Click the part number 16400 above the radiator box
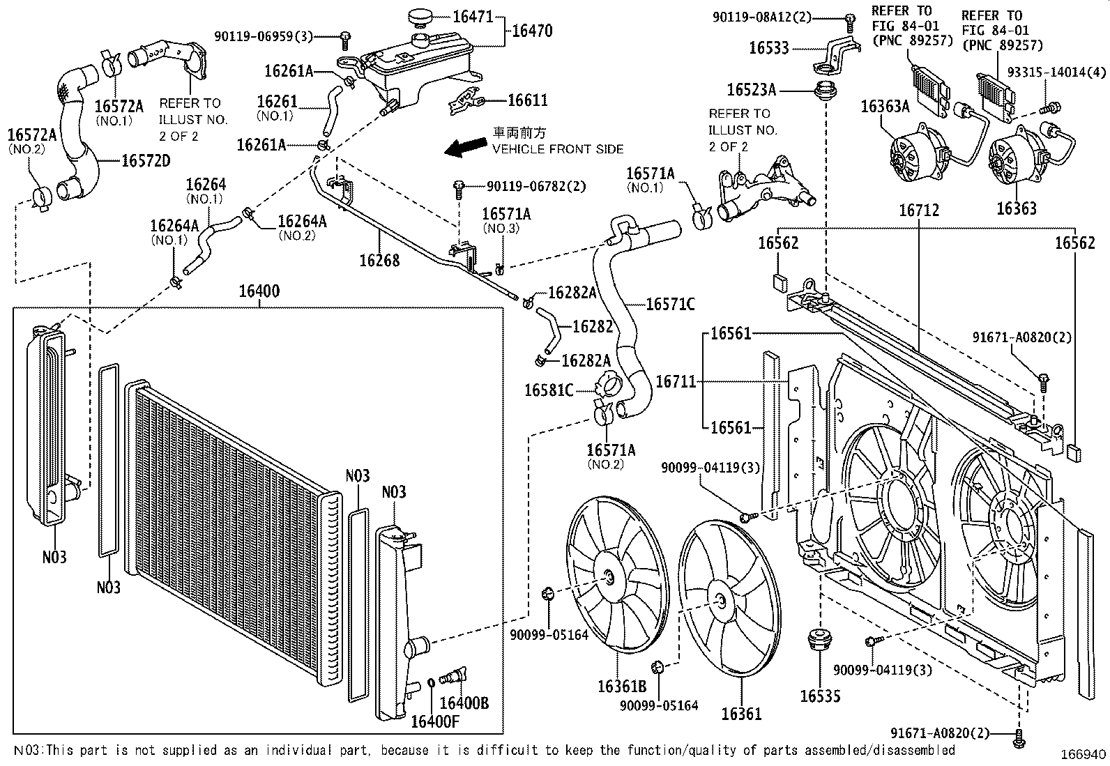click(259, 291)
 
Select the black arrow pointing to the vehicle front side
click(466, 145)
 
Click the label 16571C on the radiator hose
click(670, 304)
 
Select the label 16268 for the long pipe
click(379, 260)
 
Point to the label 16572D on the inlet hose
click(146, 160)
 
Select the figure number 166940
click(1084, 755)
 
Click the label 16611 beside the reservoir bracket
click(527, 100)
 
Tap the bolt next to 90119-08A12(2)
click(851, 21)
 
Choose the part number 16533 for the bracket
click(769, 47)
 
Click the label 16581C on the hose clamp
click(549, 390)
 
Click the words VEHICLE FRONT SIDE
click(558, 148)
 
